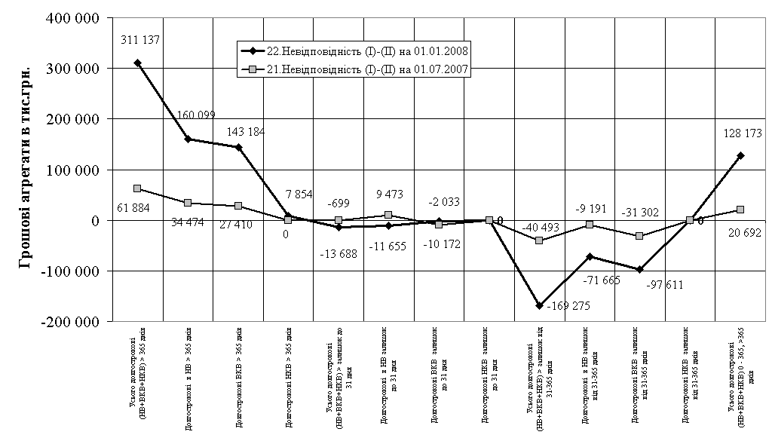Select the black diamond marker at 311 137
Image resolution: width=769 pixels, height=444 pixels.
(138, 63)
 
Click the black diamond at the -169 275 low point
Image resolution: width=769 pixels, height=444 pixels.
(539, 305)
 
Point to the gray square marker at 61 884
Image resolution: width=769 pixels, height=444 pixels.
(138, 188)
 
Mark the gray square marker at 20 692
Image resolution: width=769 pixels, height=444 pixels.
(740, 210)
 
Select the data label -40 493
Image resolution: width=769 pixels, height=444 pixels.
(539, 227)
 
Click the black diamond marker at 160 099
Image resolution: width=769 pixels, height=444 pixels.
(188, 139)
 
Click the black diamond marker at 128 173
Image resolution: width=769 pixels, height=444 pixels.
(740, 155)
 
